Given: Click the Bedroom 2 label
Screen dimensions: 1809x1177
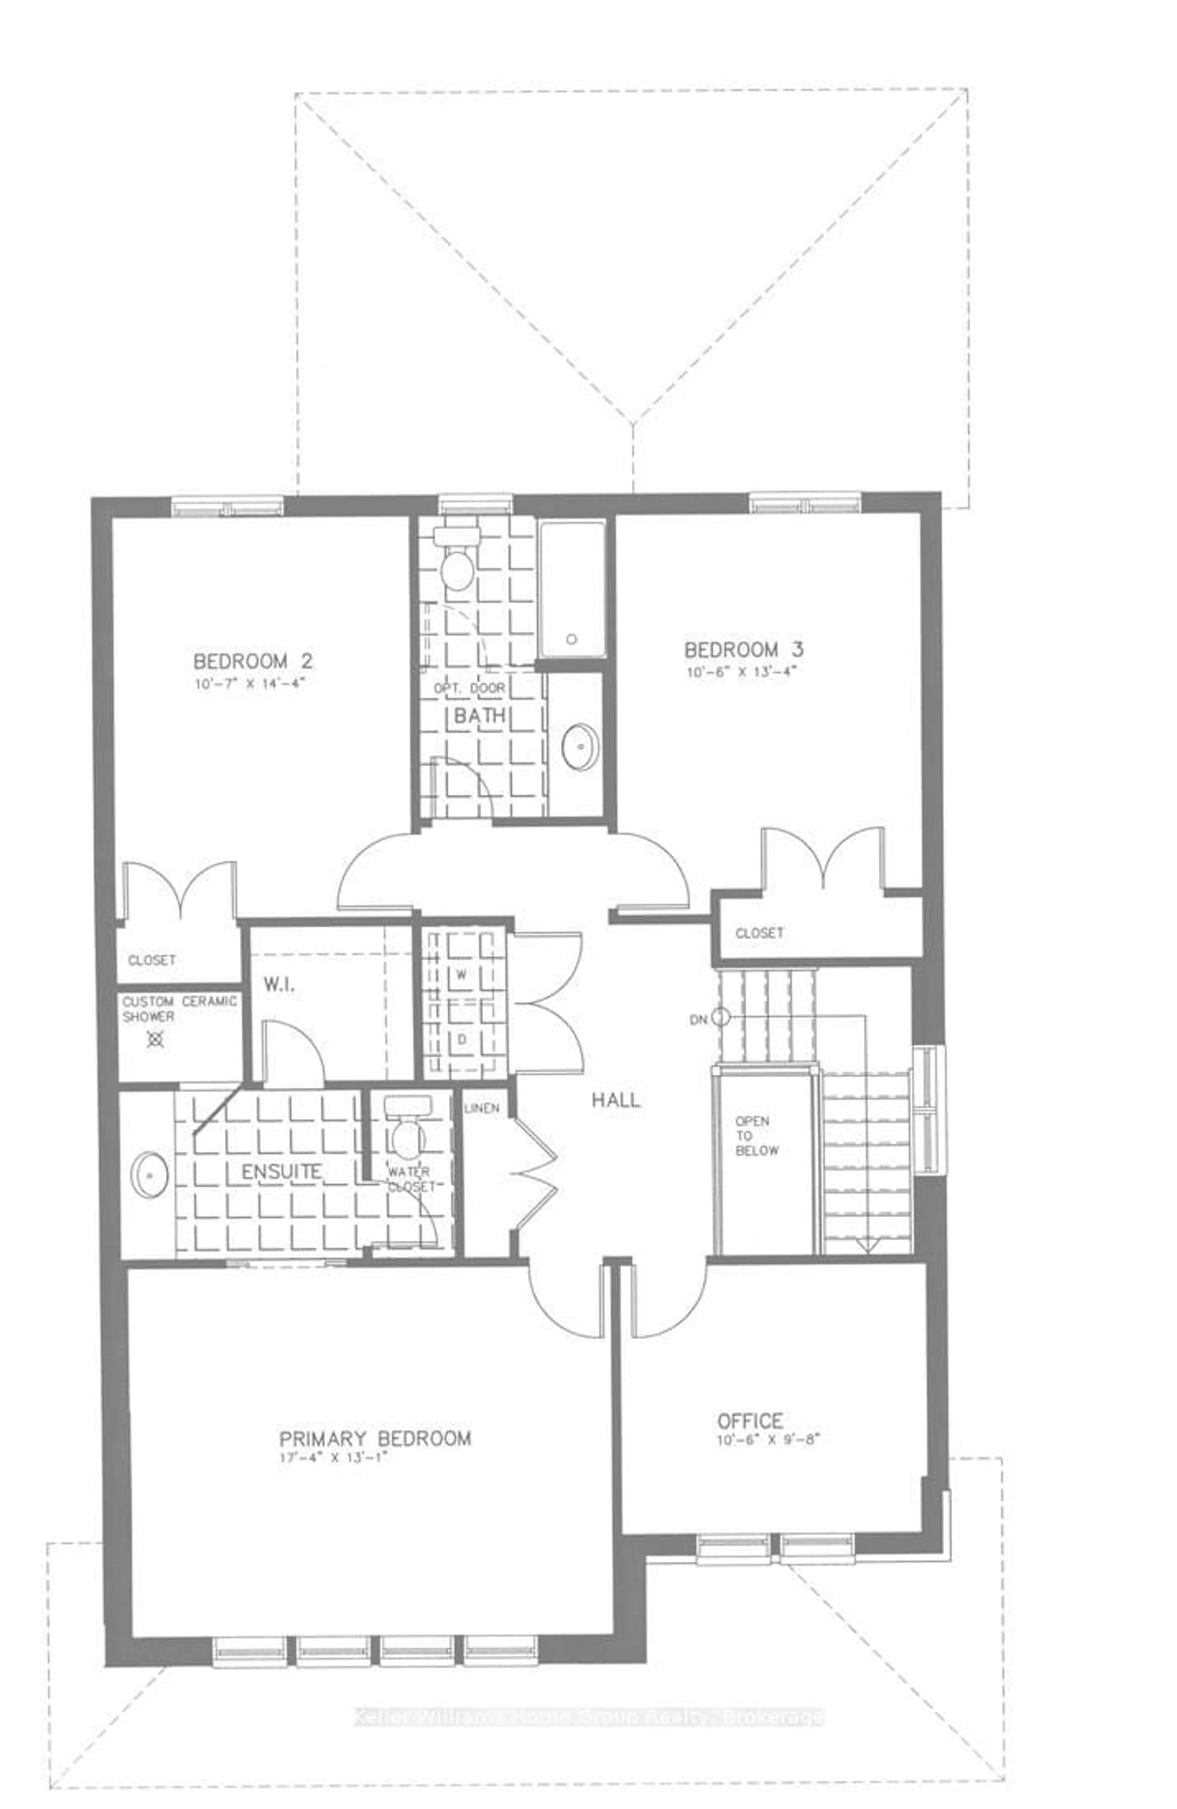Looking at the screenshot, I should (253, 661).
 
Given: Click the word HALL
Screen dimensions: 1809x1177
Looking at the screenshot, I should (615, 1100).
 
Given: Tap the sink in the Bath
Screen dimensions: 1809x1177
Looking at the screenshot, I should (579, 746).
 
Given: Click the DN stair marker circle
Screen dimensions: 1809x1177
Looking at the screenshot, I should (720, 1017).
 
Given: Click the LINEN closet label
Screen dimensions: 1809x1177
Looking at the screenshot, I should (481, 1108).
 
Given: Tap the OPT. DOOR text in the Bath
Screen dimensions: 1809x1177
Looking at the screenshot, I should (469, 688).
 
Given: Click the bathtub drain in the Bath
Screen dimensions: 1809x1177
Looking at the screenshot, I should (571, 639).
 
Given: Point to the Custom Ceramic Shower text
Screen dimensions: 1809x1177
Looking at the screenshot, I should (179, 1009).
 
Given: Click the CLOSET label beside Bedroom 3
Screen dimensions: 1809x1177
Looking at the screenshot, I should (759, 933).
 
